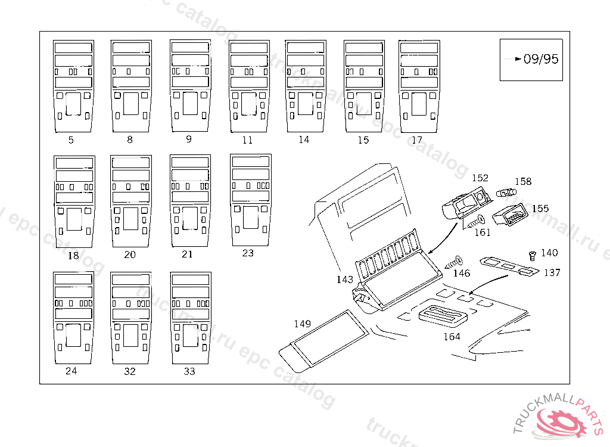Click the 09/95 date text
tap(541, 59)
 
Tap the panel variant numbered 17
tap(419, 87)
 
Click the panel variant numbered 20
tap(130, 201)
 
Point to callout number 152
tap(480, 178)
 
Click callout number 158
tap(523, 182)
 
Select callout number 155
tap(540, 209)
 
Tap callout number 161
tap(482, 232)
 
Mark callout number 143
tap(344, 279)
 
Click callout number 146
tap(462, 273)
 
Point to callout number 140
tap(549, 253)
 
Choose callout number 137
tap(552, 272)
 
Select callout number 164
tap(452, 336)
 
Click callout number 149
tap(303, 324)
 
